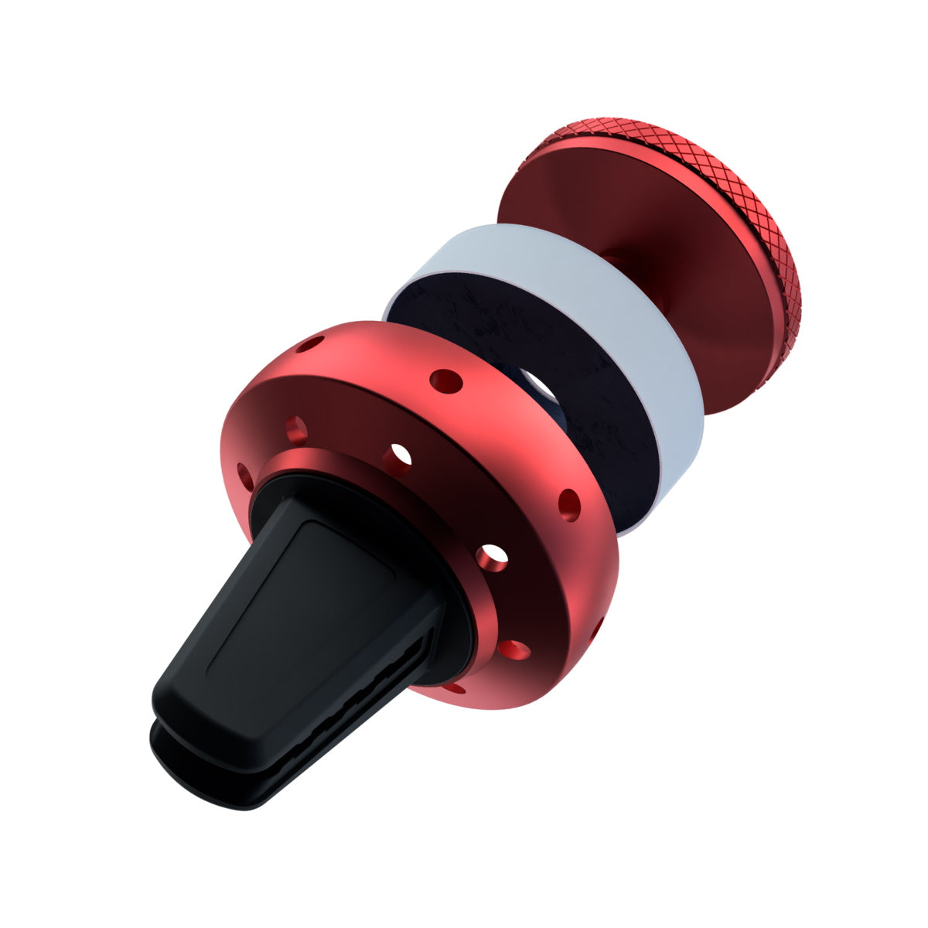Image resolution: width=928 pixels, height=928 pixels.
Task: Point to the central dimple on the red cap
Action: (611, 259)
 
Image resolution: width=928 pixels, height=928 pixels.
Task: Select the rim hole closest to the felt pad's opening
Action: (446, 380)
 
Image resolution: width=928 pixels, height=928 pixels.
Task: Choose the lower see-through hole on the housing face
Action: (492, 555)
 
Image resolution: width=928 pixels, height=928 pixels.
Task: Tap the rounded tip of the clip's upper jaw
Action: (178, 696)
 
